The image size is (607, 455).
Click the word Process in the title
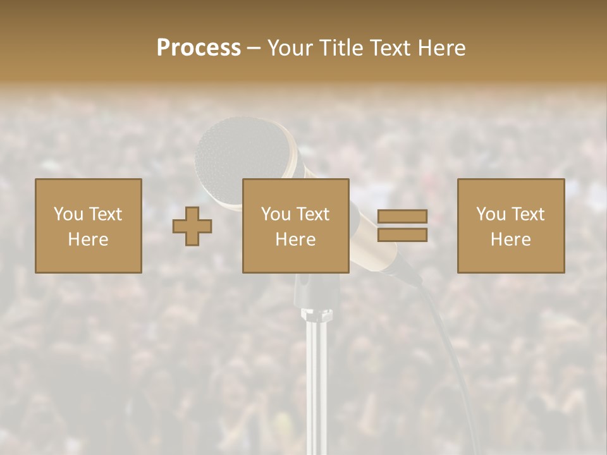199,48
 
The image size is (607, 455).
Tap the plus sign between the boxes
192,226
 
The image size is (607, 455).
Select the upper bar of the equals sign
402,217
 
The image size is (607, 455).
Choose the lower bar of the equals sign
402,235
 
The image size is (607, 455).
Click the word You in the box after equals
491,214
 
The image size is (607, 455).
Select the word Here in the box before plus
88,240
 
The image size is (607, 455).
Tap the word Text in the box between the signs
312,214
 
